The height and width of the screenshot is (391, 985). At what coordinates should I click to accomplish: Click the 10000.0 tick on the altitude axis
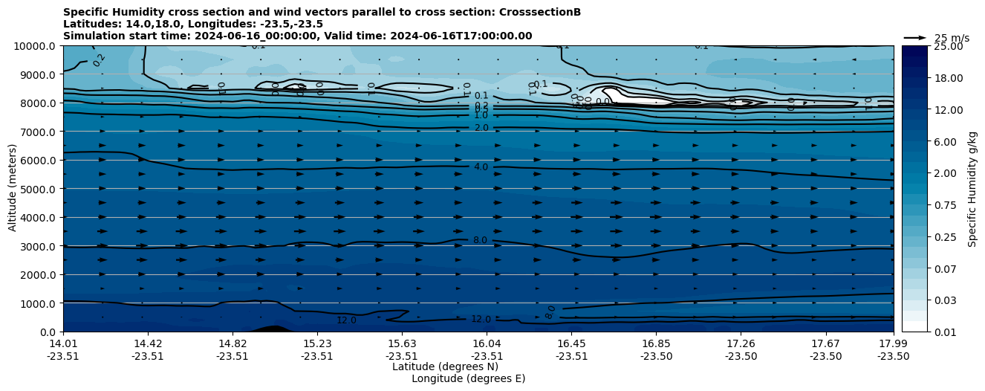(37, 46)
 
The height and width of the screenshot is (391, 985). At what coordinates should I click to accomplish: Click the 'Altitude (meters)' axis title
(13, 189)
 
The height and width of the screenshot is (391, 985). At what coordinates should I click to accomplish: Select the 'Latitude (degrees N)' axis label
(445, 366)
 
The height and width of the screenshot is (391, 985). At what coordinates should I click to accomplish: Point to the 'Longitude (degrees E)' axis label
(468, 378)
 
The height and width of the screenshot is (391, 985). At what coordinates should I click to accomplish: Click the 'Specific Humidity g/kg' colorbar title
(972, 189)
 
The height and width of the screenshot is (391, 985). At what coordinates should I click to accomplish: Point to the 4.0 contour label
(481, 167)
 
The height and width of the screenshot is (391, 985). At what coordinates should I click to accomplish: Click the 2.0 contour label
(481, 128)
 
